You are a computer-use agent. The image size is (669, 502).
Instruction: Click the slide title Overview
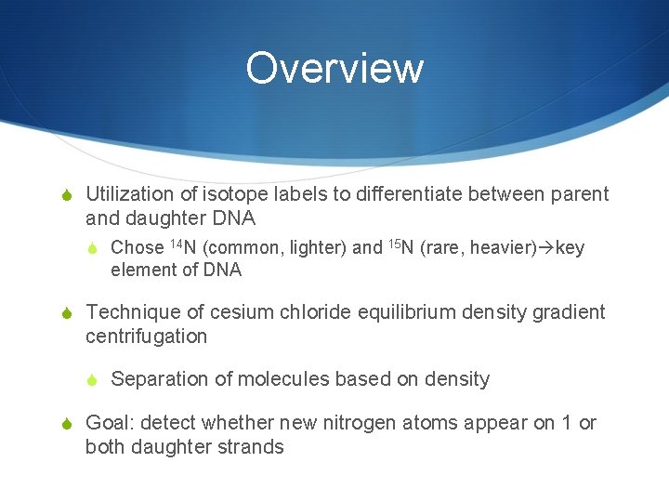point(334,68)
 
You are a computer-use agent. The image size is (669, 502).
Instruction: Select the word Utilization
point(129,194)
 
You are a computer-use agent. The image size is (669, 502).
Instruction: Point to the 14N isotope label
point(183,247)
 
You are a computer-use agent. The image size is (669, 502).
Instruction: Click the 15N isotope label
point(400,247)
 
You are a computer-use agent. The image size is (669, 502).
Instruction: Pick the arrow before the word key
point(546,248)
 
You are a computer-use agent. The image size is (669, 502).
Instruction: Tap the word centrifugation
point(146,337)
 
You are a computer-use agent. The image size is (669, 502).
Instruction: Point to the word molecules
point(283,379)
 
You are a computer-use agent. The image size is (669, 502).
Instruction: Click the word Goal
point(108,423)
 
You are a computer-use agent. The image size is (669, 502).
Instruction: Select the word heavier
point(503,247)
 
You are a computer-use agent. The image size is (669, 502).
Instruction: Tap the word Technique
point(129,312)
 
